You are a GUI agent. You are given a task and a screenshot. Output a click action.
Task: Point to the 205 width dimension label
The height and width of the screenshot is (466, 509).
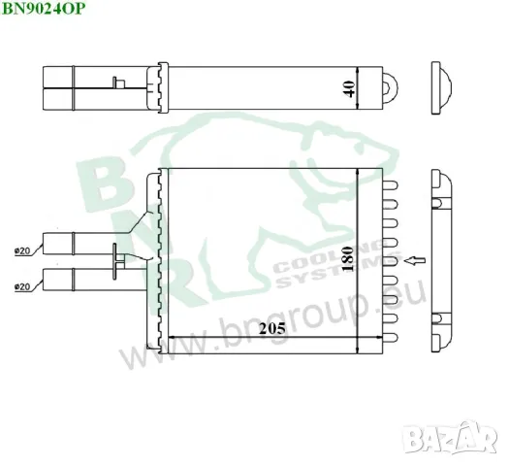pos(273,330)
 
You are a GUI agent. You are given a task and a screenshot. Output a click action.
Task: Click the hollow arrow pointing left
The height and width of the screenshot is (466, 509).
pos(414,260)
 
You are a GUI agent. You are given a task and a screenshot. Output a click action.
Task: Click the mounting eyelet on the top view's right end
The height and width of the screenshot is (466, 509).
pos(393,85)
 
